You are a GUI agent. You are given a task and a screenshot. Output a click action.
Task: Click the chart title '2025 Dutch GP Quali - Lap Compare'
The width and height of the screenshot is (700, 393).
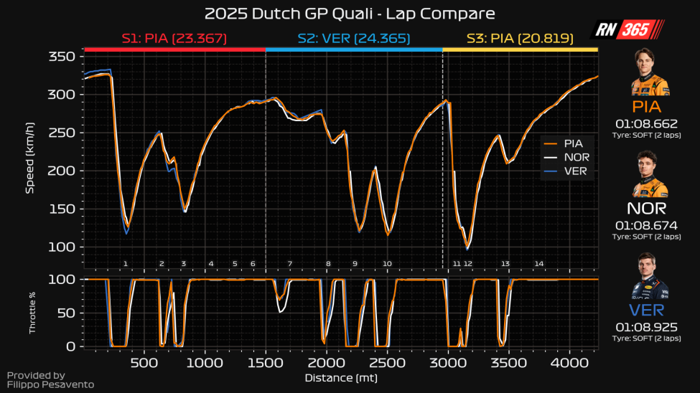point(350,14)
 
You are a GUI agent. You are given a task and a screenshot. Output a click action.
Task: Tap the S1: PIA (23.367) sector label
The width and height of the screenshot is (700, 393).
point(174,38)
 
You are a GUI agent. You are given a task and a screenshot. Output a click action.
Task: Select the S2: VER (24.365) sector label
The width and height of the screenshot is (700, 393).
point(353,38)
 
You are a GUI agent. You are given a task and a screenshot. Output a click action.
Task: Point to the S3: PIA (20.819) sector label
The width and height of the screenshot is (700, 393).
point(520,38)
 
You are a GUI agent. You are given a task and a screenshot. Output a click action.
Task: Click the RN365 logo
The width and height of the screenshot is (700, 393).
point(627,29)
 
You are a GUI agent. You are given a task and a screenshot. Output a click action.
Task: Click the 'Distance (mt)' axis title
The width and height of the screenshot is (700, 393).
point(341,377)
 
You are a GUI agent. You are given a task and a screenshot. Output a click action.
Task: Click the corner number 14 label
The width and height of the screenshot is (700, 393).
point(538,264)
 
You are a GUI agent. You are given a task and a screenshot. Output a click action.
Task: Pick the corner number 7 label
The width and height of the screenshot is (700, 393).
point(290,264)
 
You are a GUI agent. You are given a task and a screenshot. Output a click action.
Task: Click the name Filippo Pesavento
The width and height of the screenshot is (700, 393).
point(50,385)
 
